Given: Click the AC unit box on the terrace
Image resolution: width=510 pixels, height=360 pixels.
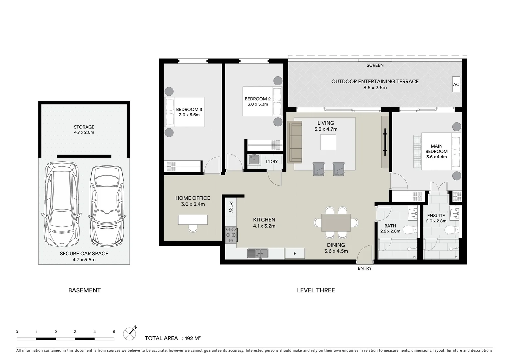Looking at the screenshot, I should pyautogui.click(x=456, y=84).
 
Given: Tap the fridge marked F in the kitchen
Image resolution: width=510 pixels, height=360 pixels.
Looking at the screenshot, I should pyautogui.click(x=295, y=253).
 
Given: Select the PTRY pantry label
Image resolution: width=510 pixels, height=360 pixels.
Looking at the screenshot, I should pyautogui.click(x=230, y=207).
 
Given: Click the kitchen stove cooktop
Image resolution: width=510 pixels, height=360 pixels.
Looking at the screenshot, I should pyautogui.click(x=231, y=234).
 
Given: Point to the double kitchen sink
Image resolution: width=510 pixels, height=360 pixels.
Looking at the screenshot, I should pyautogui.click(x=258, y=253).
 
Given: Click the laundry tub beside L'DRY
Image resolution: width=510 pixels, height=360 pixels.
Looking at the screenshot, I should pyautogui.click(x=254, y=160).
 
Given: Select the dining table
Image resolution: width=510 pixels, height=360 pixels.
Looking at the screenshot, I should pyautogui.click(x=336, y=223).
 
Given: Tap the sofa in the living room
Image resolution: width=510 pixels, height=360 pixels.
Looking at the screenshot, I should pyautogui.click(x=295, y=142).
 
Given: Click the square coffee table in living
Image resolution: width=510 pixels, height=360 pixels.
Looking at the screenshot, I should pyautogui.click(x=328, y=142).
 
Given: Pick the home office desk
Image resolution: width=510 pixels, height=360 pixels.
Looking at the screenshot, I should pyautogui.click(x=193, y=220).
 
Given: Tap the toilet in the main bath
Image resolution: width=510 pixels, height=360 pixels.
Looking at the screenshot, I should pyautogui.click(x=409, y=230).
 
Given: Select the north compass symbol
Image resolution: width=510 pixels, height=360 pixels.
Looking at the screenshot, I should pyautogui.click(x=130, y=333).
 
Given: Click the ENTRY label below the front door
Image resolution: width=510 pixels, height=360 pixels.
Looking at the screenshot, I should pyautogui.click(x=364, y=268).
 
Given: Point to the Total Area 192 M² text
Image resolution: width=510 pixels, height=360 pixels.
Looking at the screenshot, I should pyautogui.click(x=173, y=338).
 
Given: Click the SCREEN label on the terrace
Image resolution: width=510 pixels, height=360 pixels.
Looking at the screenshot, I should pyautogui.click(x=375, y=65).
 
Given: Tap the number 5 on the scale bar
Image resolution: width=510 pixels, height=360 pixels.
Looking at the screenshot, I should pyautogui.click(x=114, y=332).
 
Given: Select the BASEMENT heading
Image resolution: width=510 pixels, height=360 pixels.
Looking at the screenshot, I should pyautogui.click(x=84, y=290).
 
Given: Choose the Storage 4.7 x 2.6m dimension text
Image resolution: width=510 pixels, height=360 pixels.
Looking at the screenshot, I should pyautogui.click(x=84, y=132).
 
